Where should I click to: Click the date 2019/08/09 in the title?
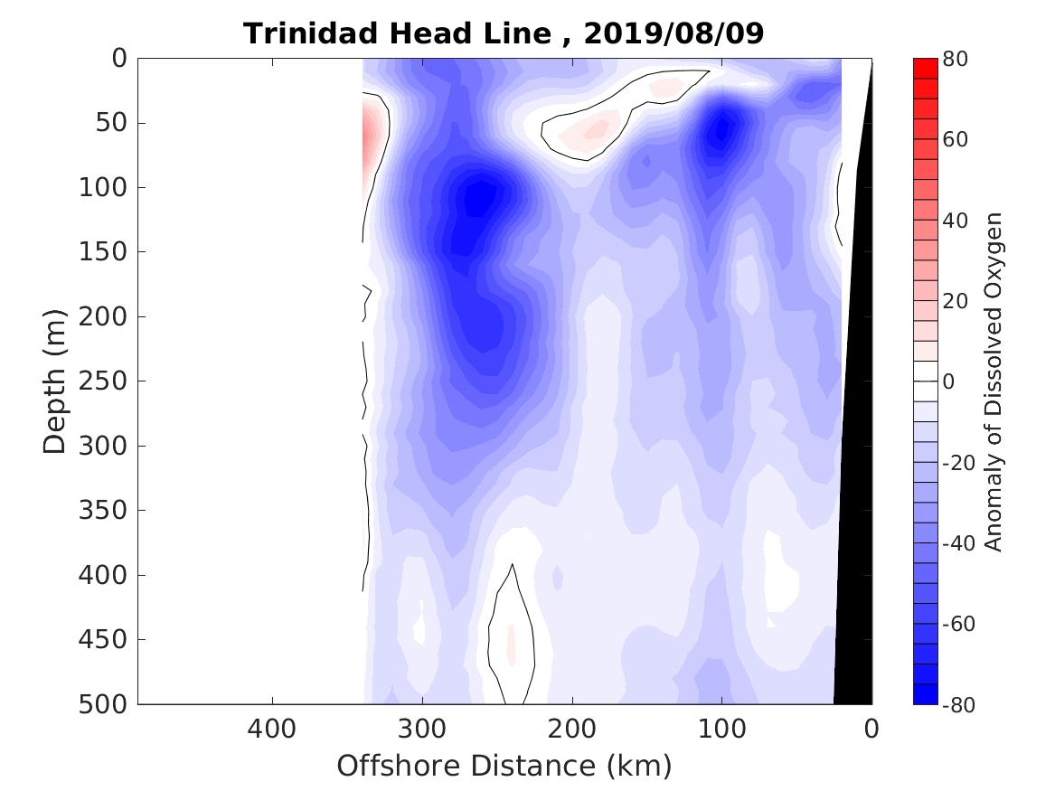click(674, 33)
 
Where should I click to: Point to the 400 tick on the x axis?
click(272, 727)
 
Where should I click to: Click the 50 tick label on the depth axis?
click(111, 123)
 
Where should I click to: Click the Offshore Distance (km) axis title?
click(504, 767)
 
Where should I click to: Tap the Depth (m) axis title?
click(56, 381)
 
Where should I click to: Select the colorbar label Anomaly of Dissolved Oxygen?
click(994, 381)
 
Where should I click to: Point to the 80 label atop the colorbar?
click(955, 59)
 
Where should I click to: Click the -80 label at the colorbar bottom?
click(958, 704)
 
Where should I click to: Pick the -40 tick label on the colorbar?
click(958, 543)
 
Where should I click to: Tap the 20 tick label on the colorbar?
click(955, 301)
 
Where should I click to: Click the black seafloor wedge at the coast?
click(855, 542)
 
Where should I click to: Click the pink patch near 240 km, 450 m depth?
click(512, 644)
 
